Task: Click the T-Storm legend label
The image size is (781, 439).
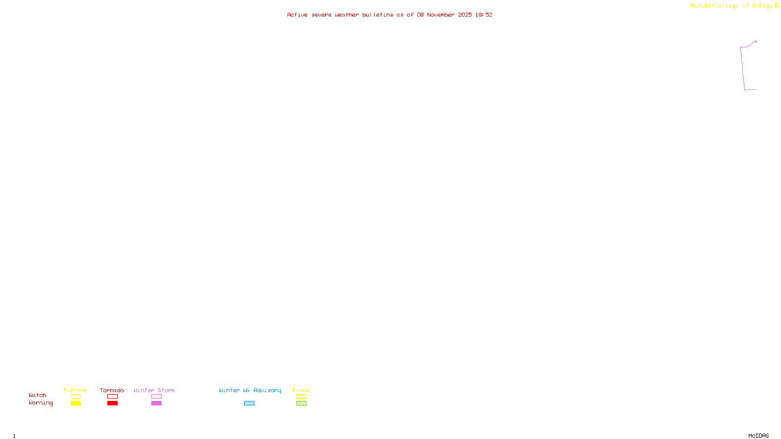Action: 75,390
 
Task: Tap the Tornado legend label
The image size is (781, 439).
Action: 112,390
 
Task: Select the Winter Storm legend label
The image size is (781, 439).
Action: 154,390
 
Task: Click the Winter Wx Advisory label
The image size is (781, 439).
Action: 250,390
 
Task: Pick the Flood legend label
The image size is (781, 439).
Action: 301,390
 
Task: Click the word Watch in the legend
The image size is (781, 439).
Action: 38,395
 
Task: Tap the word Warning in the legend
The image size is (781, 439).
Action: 41,403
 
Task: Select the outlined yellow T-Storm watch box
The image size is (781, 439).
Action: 76,397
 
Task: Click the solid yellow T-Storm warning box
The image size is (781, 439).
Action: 76,403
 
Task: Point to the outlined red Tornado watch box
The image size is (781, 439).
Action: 112,397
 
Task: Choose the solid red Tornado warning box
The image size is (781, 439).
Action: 112,403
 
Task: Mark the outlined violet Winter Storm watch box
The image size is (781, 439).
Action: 156,397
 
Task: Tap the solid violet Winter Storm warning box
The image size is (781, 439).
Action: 156,403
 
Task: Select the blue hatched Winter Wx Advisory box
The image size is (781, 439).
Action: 249,403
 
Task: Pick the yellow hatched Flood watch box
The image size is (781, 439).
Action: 301,397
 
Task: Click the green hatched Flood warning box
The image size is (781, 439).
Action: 301,403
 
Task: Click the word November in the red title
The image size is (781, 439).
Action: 441,15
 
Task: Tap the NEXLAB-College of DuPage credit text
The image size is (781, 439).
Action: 732,5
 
